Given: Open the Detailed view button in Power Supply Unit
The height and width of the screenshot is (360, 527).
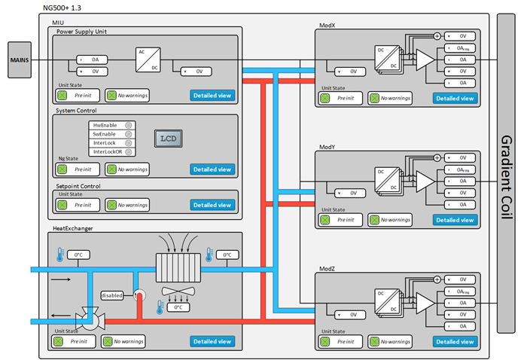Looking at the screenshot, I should (212, 96).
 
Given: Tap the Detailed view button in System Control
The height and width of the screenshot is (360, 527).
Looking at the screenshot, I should (212, 169).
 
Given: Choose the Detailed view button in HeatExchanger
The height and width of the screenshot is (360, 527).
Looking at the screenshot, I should (212, 341).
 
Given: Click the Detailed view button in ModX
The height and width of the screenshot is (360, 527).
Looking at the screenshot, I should (455, 98).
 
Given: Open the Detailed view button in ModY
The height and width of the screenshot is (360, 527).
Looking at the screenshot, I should (455, 220).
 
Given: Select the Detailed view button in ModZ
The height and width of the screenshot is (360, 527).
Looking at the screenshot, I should (455, 341).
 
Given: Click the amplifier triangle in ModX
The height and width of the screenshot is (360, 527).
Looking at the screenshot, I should (425, 59).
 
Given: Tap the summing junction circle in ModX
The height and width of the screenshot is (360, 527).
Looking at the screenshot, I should (437, 35).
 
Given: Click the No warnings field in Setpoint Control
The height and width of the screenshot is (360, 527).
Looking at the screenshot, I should (126, 205).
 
